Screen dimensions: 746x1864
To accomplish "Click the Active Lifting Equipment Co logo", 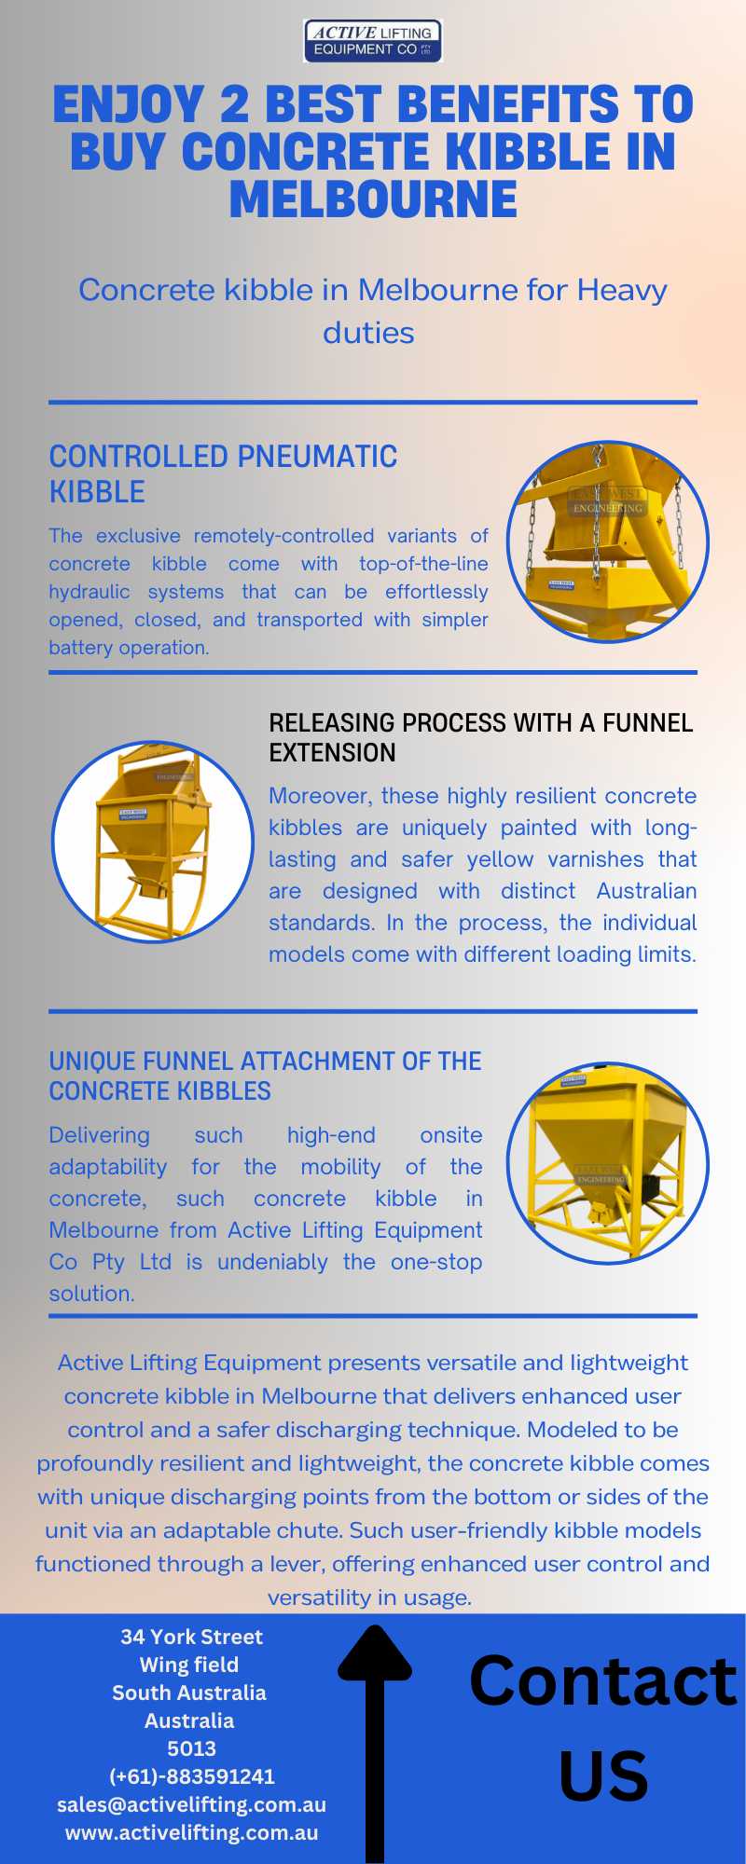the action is coord(373,41).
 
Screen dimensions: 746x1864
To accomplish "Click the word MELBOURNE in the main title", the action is coord(373,199).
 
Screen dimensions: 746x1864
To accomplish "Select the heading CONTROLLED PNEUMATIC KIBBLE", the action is coord(223,473).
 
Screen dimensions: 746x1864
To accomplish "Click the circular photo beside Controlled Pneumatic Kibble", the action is coord(608,541).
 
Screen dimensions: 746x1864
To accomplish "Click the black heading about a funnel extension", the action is coord(481,737).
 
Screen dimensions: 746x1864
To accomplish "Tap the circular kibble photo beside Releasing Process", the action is coord(152,841).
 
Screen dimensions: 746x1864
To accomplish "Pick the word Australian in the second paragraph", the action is coord(646,891).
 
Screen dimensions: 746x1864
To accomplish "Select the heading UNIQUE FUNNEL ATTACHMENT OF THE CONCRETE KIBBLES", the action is coord(265,1076).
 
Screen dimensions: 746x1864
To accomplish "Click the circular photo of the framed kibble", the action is coord(608,1163).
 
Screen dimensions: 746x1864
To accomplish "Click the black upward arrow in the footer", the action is coord(375,1743).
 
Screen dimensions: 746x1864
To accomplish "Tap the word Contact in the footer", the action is coord(603,1680).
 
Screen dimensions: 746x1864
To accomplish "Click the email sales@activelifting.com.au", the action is coord(192,1804).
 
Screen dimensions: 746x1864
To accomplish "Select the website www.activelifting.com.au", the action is coord(192,1832).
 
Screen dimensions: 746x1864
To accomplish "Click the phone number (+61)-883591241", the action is coord(192,1776).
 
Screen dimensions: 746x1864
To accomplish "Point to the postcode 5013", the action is coord(192,1748).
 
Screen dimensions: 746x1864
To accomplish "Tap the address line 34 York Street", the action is coord(192,1637).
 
